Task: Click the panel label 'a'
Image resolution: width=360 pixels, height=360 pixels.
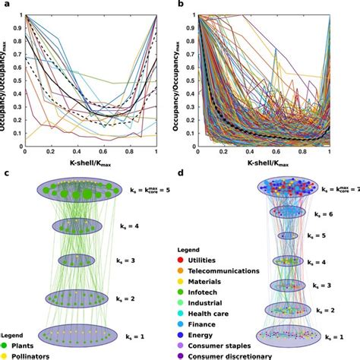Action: tap(6, 6)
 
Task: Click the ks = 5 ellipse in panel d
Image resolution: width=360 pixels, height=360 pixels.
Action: tap(287, 236)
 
